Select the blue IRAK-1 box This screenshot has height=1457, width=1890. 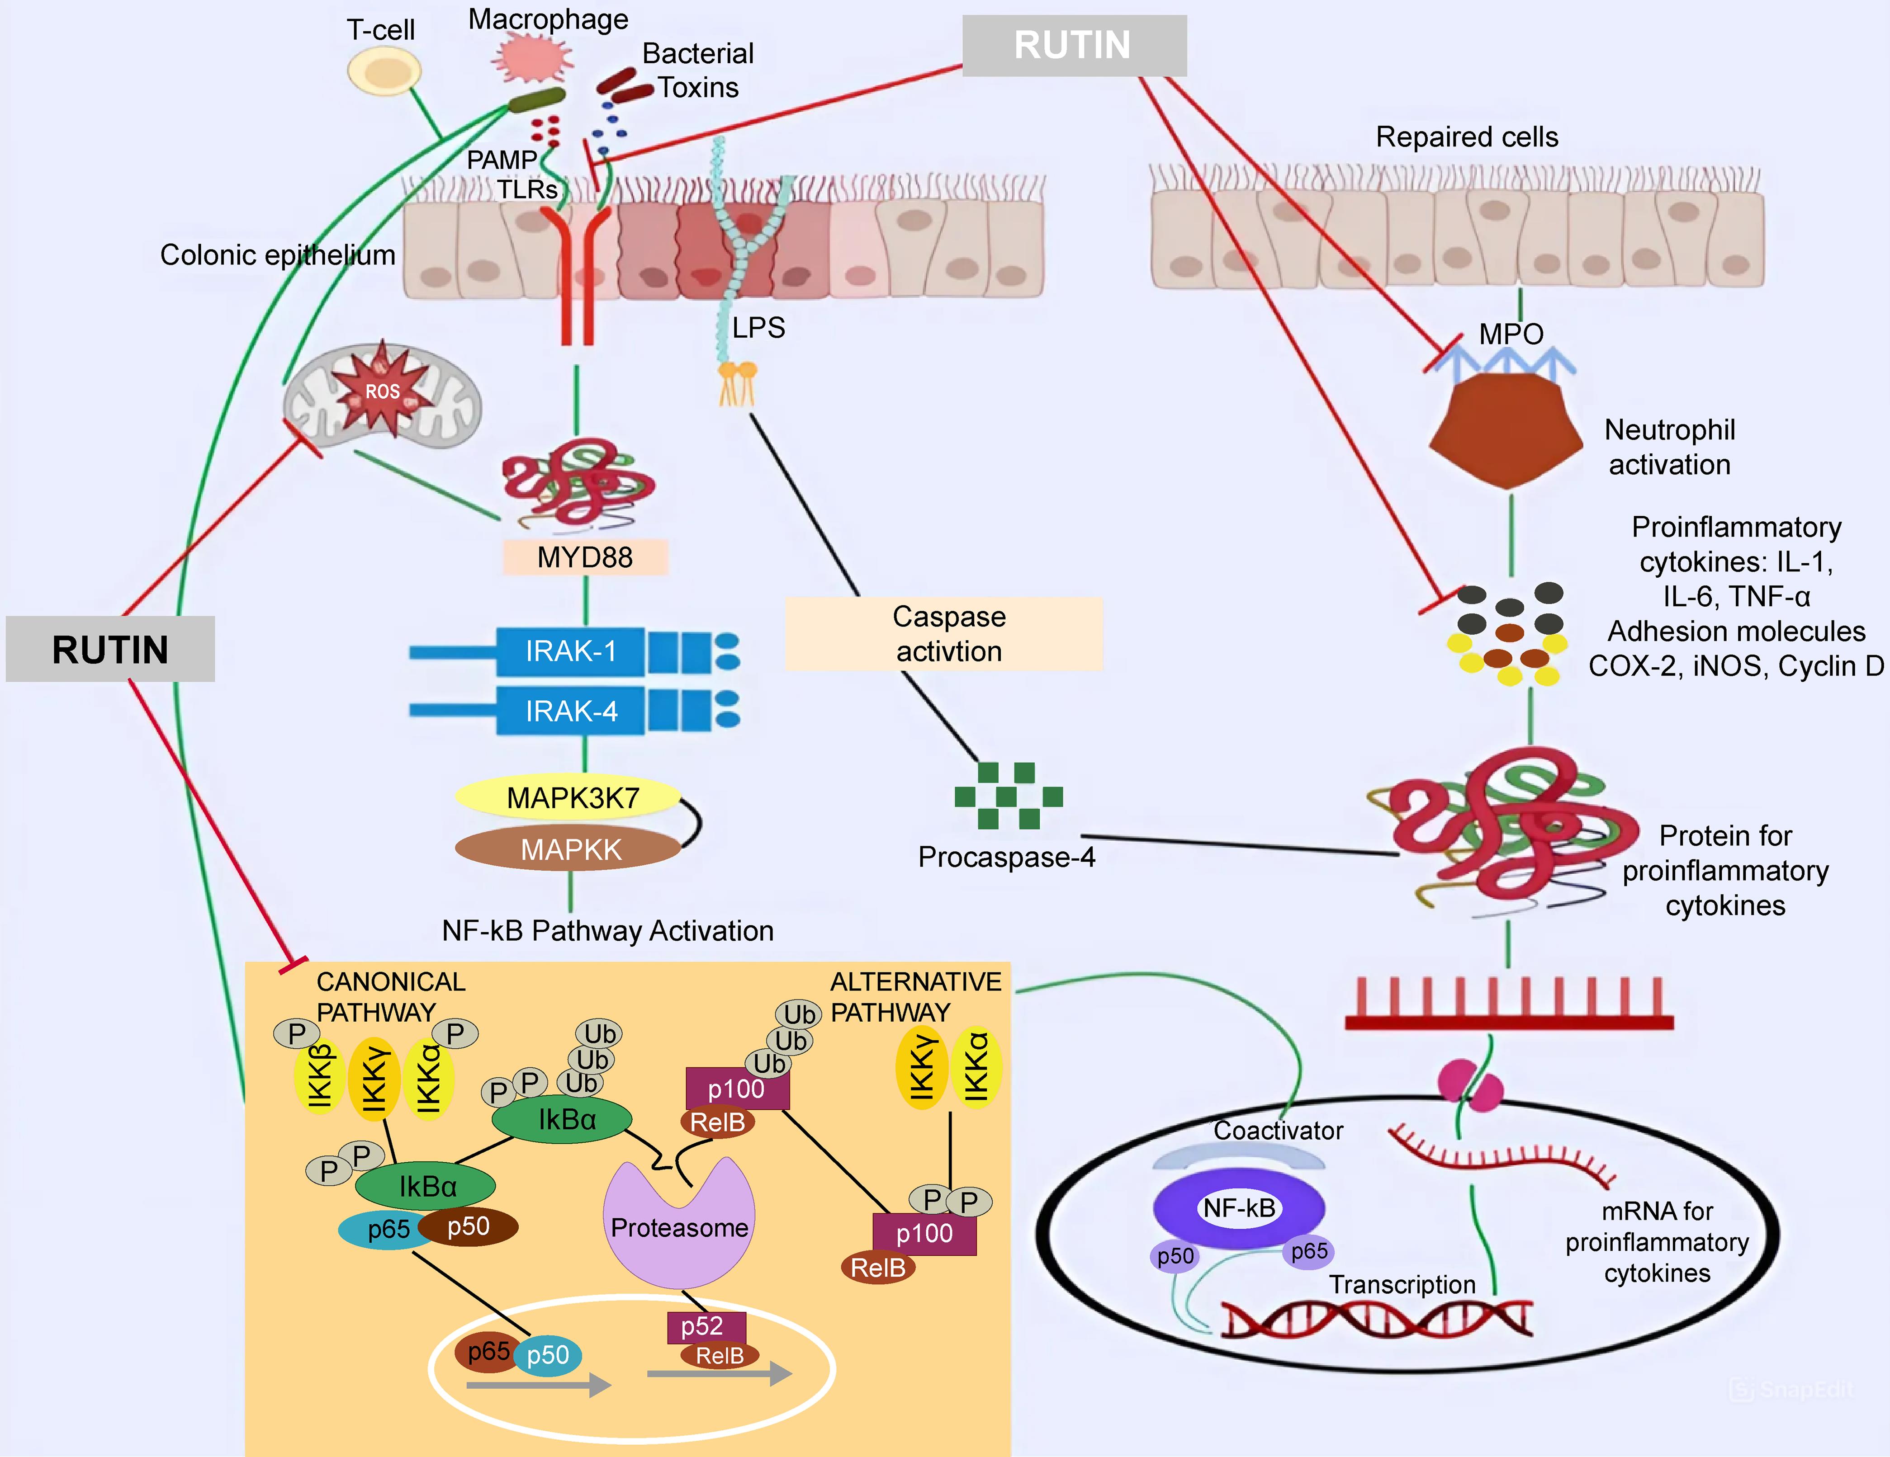tap(570, 651)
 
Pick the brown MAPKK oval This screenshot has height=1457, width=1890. tap(569, 849)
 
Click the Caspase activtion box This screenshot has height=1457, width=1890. tap(945, 633)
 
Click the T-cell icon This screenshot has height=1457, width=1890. tap(384, 71)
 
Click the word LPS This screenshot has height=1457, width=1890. tap(758, 327)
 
